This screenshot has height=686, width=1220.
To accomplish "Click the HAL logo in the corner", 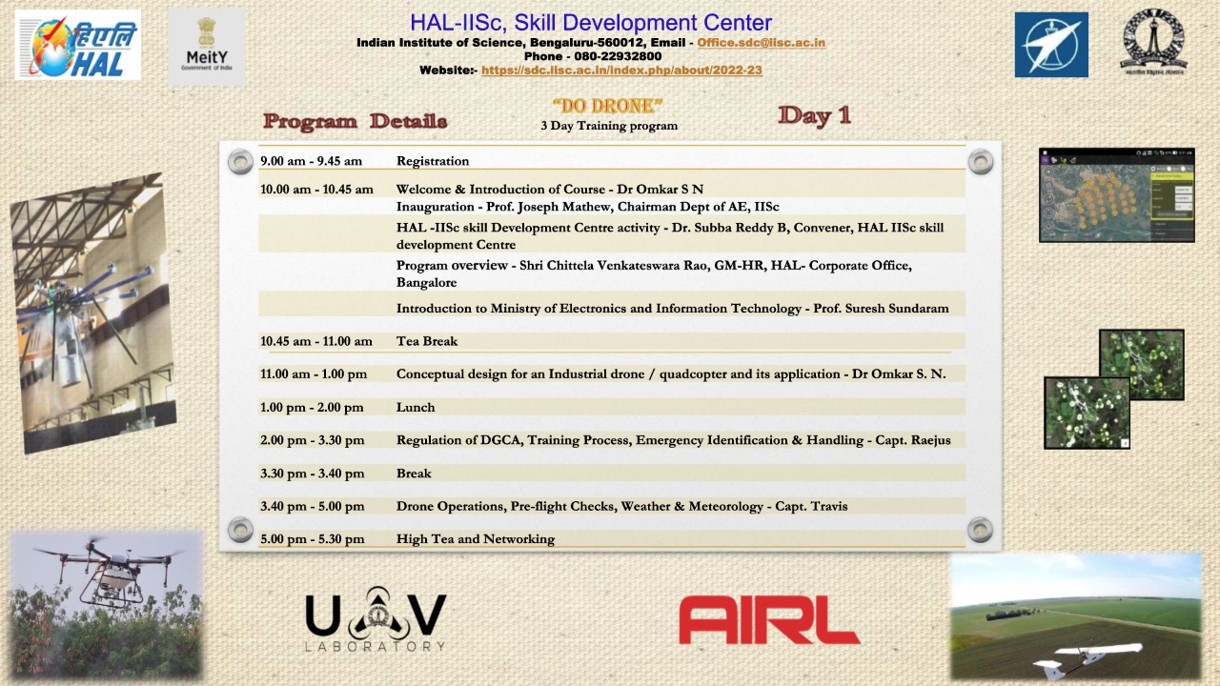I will [78, 45].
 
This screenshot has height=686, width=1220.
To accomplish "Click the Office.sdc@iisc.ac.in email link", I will [761, 43].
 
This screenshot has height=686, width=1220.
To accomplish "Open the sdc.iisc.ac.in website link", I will [621, 71].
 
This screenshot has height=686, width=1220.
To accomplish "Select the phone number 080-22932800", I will [618, 56].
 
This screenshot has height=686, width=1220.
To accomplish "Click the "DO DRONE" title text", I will [607, 106].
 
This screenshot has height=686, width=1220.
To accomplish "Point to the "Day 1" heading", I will [814, 115].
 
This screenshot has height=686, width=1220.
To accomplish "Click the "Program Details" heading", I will [355, 121].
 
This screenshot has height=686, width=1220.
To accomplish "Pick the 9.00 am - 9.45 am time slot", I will [311, 161].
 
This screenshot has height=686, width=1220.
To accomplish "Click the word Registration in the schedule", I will [433, 161].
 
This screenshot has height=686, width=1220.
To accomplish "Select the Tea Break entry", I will [427, 341].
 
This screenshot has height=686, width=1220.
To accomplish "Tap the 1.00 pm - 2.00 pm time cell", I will [312, 408].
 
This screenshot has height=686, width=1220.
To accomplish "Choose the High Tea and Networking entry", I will [475, 539].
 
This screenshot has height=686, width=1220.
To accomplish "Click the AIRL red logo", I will [768, 620].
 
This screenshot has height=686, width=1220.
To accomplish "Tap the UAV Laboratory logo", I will [376, 621].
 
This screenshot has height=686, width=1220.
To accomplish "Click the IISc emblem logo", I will [1152, 43].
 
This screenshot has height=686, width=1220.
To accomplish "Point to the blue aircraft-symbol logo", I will [1050, 45].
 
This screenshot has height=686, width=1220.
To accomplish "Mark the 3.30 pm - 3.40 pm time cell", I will [312, 474].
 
